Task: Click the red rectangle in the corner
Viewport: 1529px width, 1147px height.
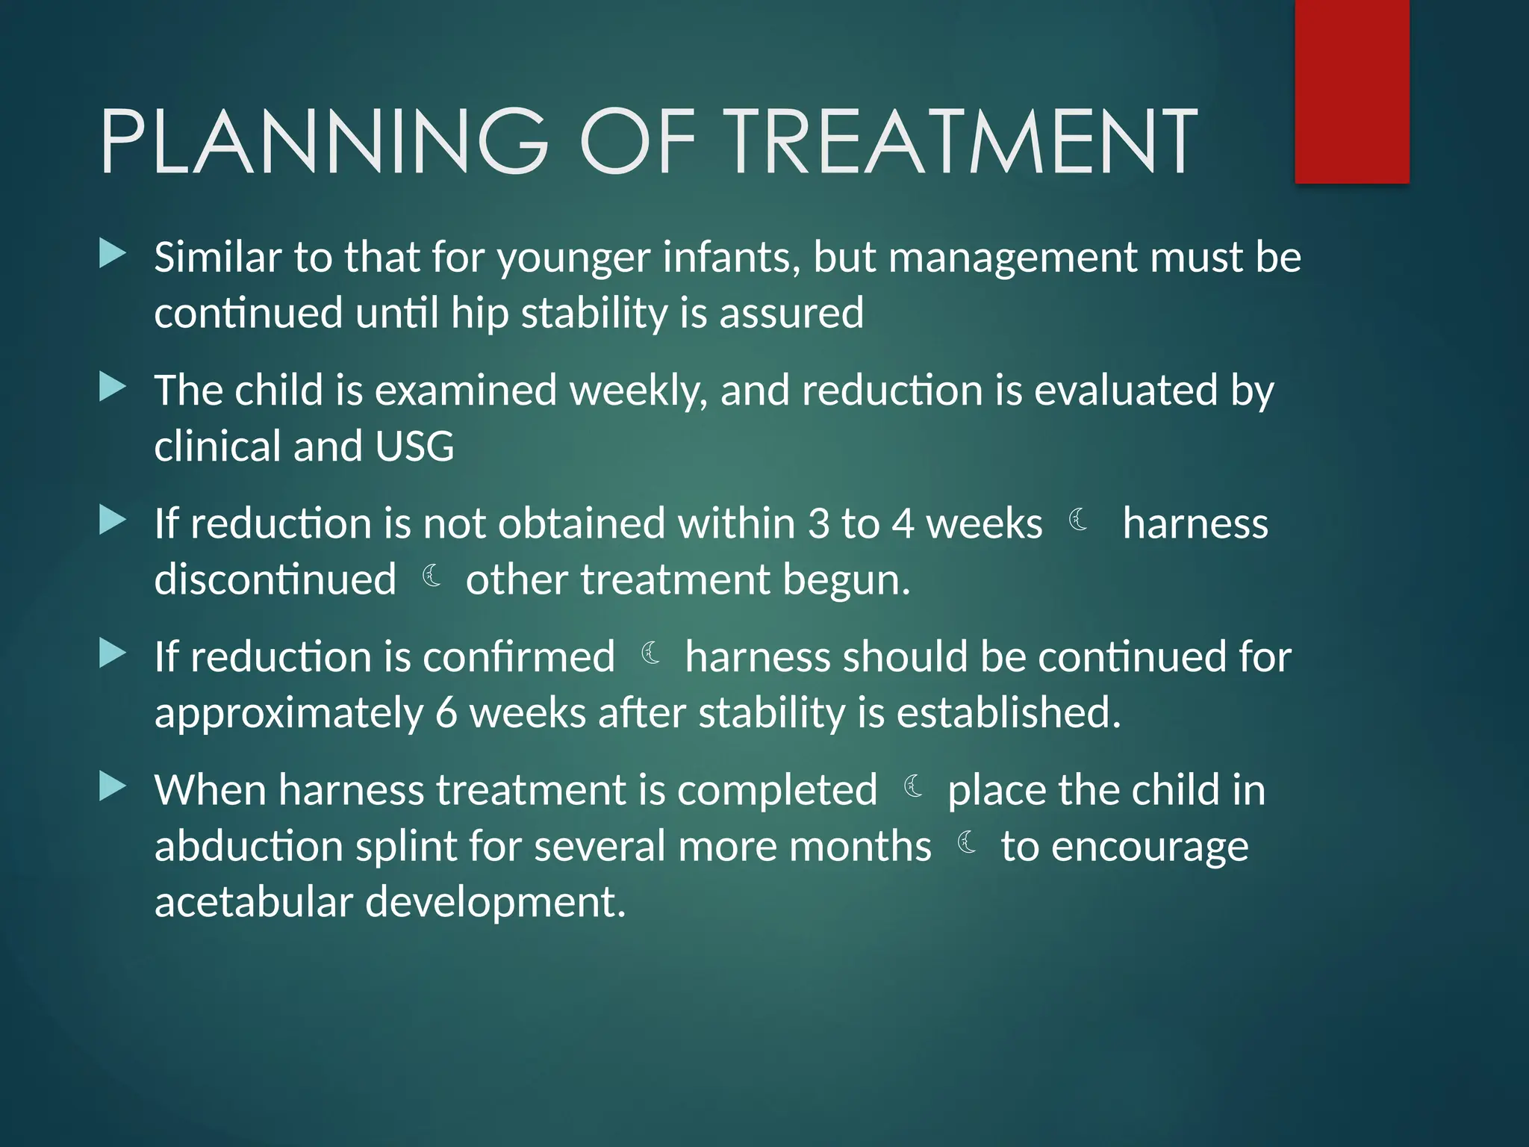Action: click(x=1351, y=91)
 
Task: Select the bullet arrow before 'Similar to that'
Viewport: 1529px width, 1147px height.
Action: click(x=113, y=254)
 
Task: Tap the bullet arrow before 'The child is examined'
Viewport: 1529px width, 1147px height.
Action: click(x=113, y=387)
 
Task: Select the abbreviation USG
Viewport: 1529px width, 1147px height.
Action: click(x=414, y=447)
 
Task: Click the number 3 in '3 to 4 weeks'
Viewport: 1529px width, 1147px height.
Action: click(x=818, y=524)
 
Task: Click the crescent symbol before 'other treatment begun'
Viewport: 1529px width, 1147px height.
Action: click(x=432, y=576)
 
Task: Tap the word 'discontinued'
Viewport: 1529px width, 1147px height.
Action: click(x=275, y=580)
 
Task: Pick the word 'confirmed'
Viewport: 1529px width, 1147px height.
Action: click(x=518, y=658)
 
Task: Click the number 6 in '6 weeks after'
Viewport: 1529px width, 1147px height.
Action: click(x=446, y=713)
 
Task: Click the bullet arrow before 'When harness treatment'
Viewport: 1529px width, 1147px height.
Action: click(x=113, y=786)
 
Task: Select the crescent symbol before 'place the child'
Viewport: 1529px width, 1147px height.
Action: click(x=913, y=787)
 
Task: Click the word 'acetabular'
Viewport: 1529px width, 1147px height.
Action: click(x=253, y=903)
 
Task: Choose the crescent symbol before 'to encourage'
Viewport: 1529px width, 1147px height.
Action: click(x=967, y=842)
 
